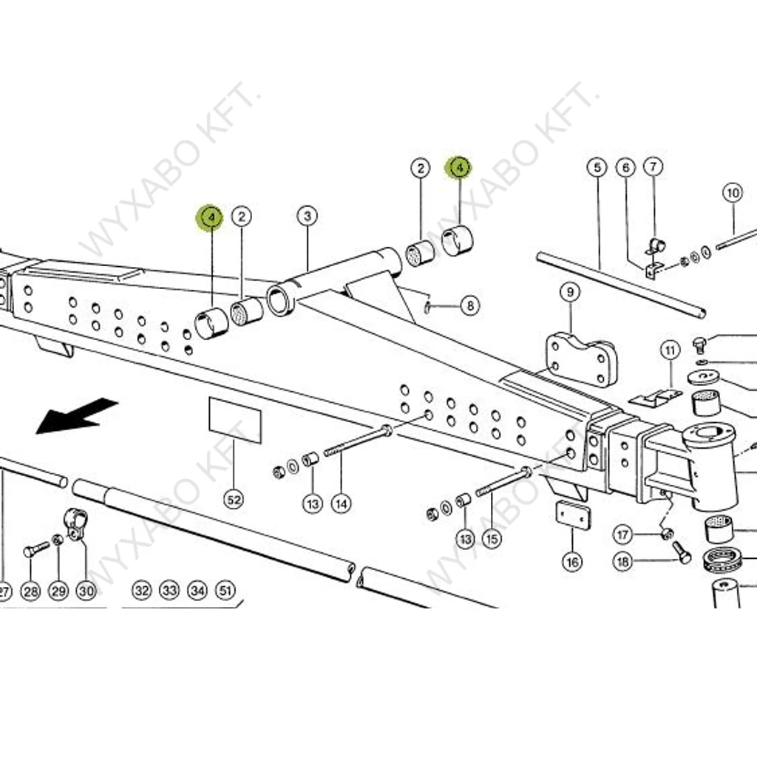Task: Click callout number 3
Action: (x=307, y=217)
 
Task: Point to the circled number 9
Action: (x=570, y=293)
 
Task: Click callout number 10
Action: (x=732, y=194)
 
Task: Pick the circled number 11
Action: (x=670, y=349)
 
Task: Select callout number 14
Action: (x=340, y=503)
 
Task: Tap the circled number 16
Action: (x=572, y=562)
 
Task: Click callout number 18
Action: (x=623, y=562)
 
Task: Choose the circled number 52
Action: (x=234, y=500)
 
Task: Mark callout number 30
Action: (x=86, y=591)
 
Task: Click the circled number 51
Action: (x=225, y=591)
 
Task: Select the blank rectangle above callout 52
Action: (x=235, y=420)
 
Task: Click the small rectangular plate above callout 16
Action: (x=572, y=515)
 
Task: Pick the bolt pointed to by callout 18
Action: (x=681, y=551)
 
